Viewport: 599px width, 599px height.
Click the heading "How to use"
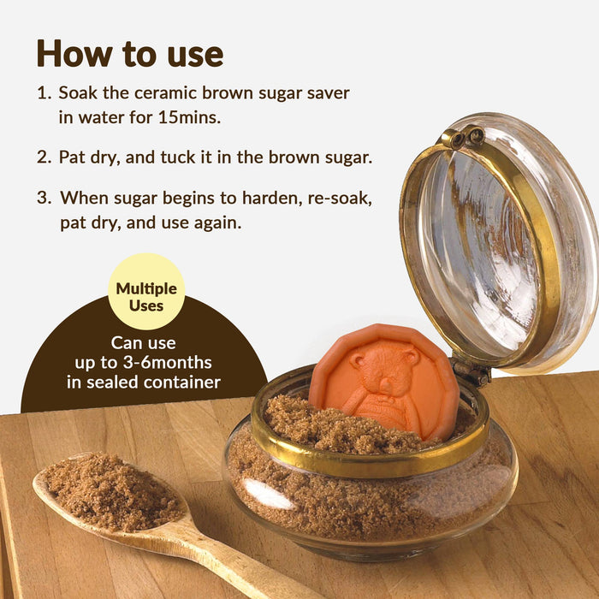(129, 53)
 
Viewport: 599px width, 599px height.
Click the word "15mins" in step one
(189, 117)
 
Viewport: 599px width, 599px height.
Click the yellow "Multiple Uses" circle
(146, 292)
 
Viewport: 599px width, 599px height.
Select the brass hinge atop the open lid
(462, 137)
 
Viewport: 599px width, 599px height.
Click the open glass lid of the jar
(496, 240)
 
